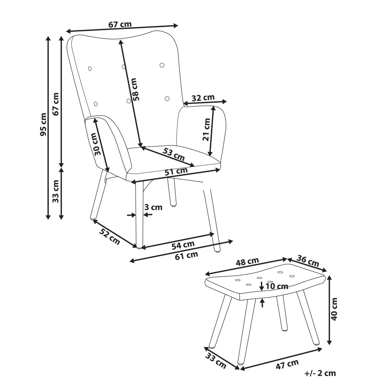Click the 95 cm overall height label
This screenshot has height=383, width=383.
[x=43, y=124]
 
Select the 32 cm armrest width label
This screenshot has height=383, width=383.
[x=203, y=98]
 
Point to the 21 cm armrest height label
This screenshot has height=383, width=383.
[x=206, y=130]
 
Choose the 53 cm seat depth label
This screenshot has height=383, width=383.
[x=174, y=154]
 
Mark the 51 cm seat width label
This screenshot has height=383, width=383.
[x=176, y=171]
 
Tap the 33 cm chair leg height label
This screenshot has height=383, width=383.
[x=56, y=191]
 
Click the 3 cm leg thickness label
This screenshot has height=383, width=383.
[x=153, y=207]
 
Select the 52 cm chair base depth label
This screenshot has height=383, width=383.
[x=109, y=237]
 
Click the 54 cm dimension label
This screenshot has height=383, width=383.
[x=183, y=245]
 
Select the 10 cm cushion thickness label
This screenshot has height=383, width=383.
[x=277, y=286]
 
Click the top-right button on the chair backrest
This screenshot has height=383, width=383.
[x=162, y=65]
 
